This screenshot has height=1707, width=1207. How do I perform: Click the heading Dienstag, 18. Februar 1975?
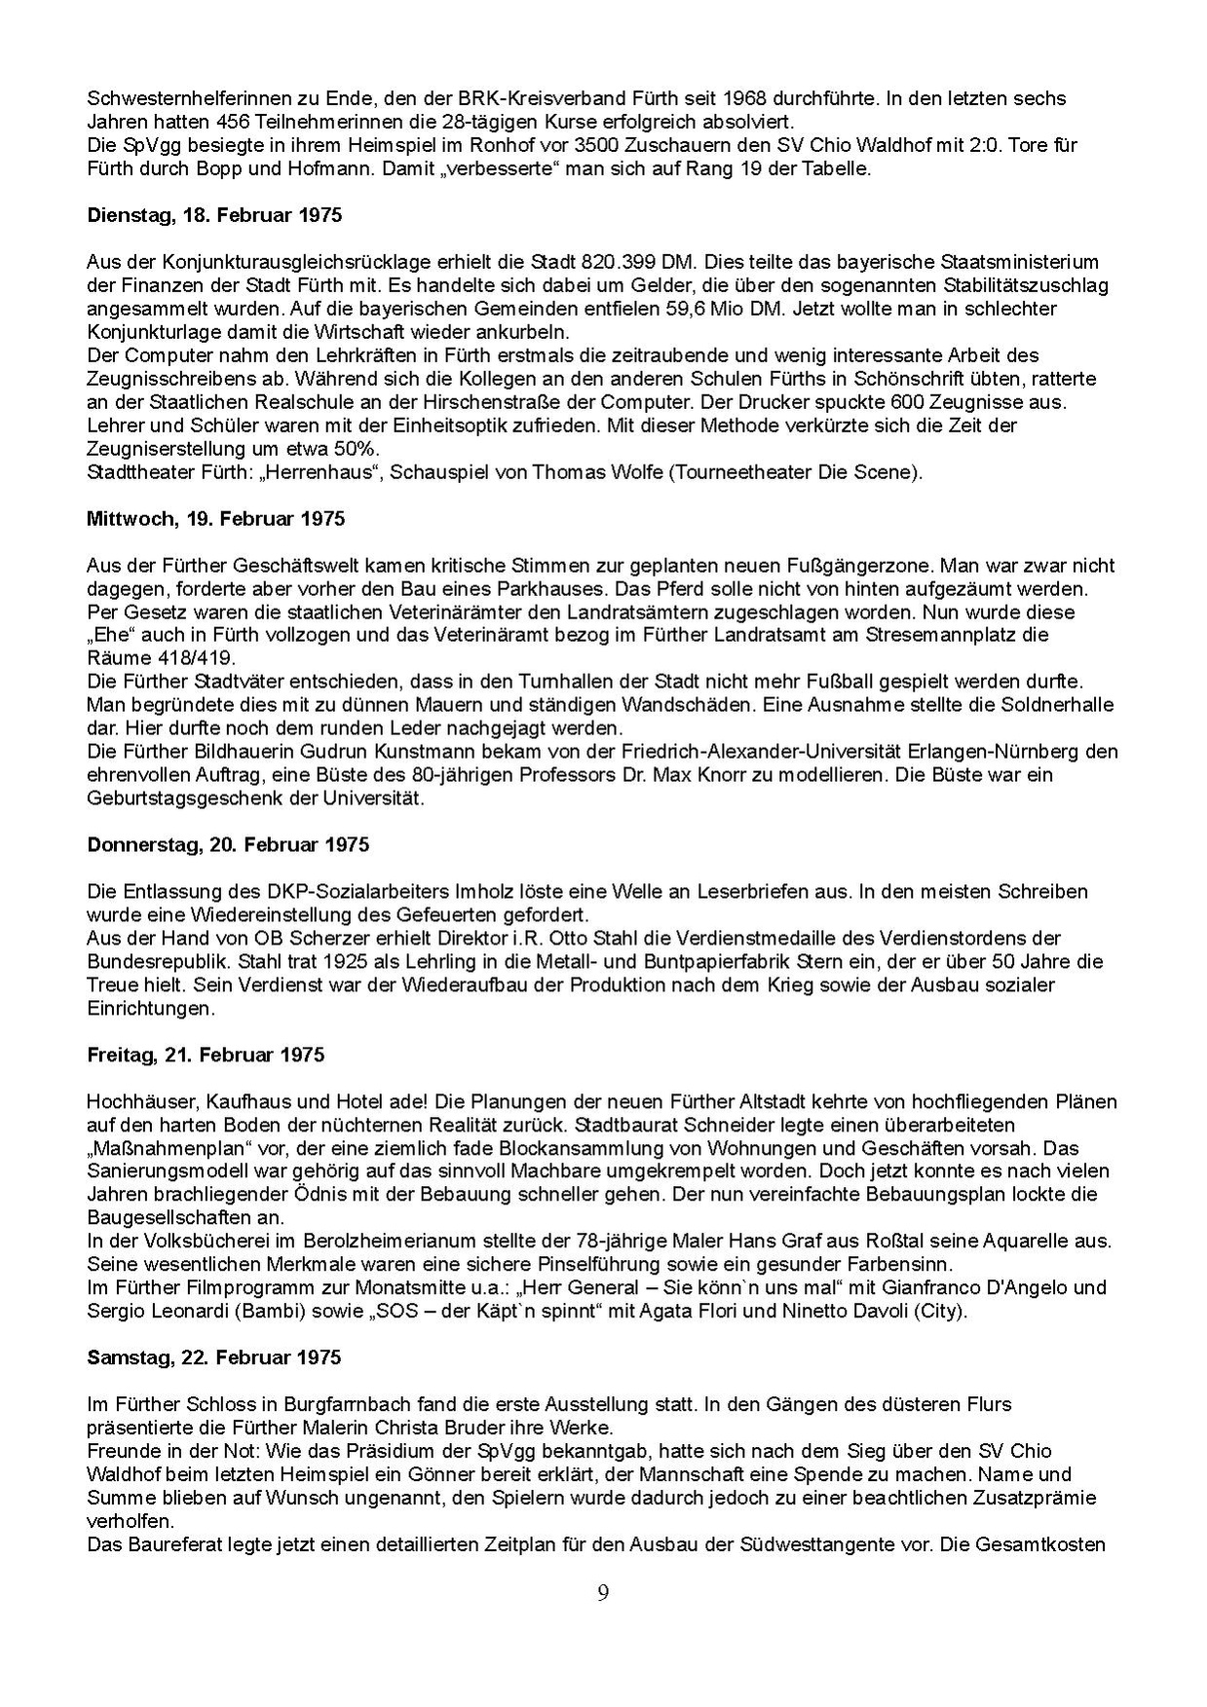pos(214,215)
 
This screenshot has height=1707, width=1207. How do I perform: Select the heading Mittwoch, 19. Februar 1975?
pos(215,519)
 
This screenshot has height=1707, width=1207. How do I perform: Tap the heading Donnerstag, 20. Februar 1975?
pos(228,844)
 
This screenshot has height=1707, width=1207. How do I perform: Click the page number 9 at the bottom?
pos(603,1593)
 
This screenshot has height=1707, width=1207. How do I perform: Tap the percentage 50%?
pos(359,449)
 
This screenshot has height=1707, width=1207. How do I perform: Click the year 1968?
pos(760,98)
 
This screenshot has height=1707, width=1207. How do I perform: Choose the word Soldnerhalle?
pos(1063,705)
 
